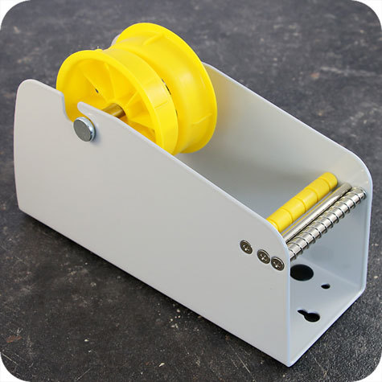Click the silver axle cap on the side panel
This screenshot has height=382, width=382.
click(x=84, y=129)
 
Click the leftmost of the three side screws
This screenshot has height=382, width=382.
click(x=246, y=247)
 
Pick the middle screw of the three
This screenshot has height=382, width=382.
click(x=263, y=257)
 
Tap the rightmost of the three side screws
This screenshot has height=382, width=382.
click(x=277, y=263)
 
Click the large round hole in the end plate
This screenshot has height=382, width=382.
click(x=302, y=273)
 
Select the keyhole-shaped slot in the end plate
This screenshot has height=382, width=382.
click(x=310, y=316)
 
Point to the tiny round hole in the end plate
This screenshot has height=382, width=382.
click(x=325, y=285)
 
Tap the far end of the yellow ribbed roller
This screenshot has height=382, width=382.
click(x=328, y=179)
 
